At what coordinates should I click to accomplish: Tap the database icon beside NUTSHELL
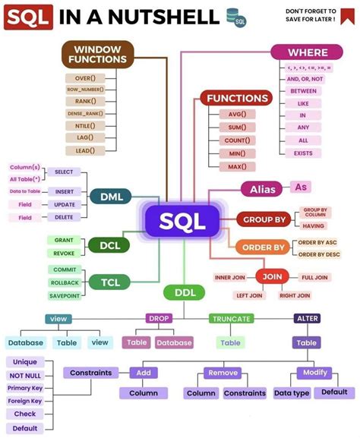point(236,16)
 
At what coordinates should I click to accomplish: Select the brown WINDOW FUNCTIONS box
point(97,54)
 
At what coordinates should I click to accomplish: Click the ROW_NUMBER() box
point(85,89)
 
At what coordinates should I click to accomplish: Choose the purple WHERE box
point(308,52)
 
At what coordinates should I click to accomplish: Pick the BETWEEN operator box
point(302,91)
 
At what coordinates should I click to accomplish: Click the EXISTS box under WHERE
point(302,153)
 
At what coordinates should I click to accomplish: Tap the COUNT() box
point(237,141)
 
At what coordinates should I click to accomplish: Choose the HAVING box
point(314,225)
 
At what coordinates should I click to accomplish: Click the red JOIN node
point(272,277)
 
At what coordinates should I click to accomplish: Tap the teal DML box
point(111,197)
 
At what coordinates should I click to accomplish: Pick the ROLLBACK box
point(64,282)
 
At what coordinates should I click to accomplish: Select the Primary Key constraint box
point(25,388)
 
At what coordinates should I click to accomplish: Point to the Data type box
point(291,393)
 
